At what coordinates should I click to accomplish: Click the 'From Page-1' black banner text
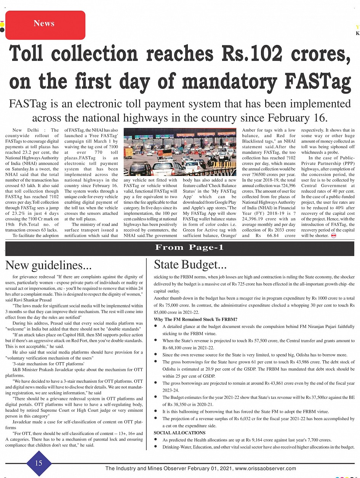tap(189, 248)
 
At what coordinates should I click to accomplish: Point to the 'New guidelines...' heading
tap(48, 265)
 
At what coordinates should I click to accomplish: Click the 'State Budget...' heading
tap(190, 264)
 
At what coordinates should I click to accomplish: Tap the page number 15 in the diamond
tap(38, 463)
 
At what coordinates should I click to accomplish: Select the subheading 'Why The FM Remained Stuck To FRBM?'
tap(195, 319)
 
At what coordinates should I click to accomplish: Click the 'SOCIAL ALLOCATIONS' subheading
tap(179, 433)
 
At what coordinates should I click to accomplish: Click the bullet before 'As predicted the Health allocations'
tap(156, 440)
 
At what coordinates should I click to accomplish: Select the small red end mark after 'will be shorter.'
tap(333, 236)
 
